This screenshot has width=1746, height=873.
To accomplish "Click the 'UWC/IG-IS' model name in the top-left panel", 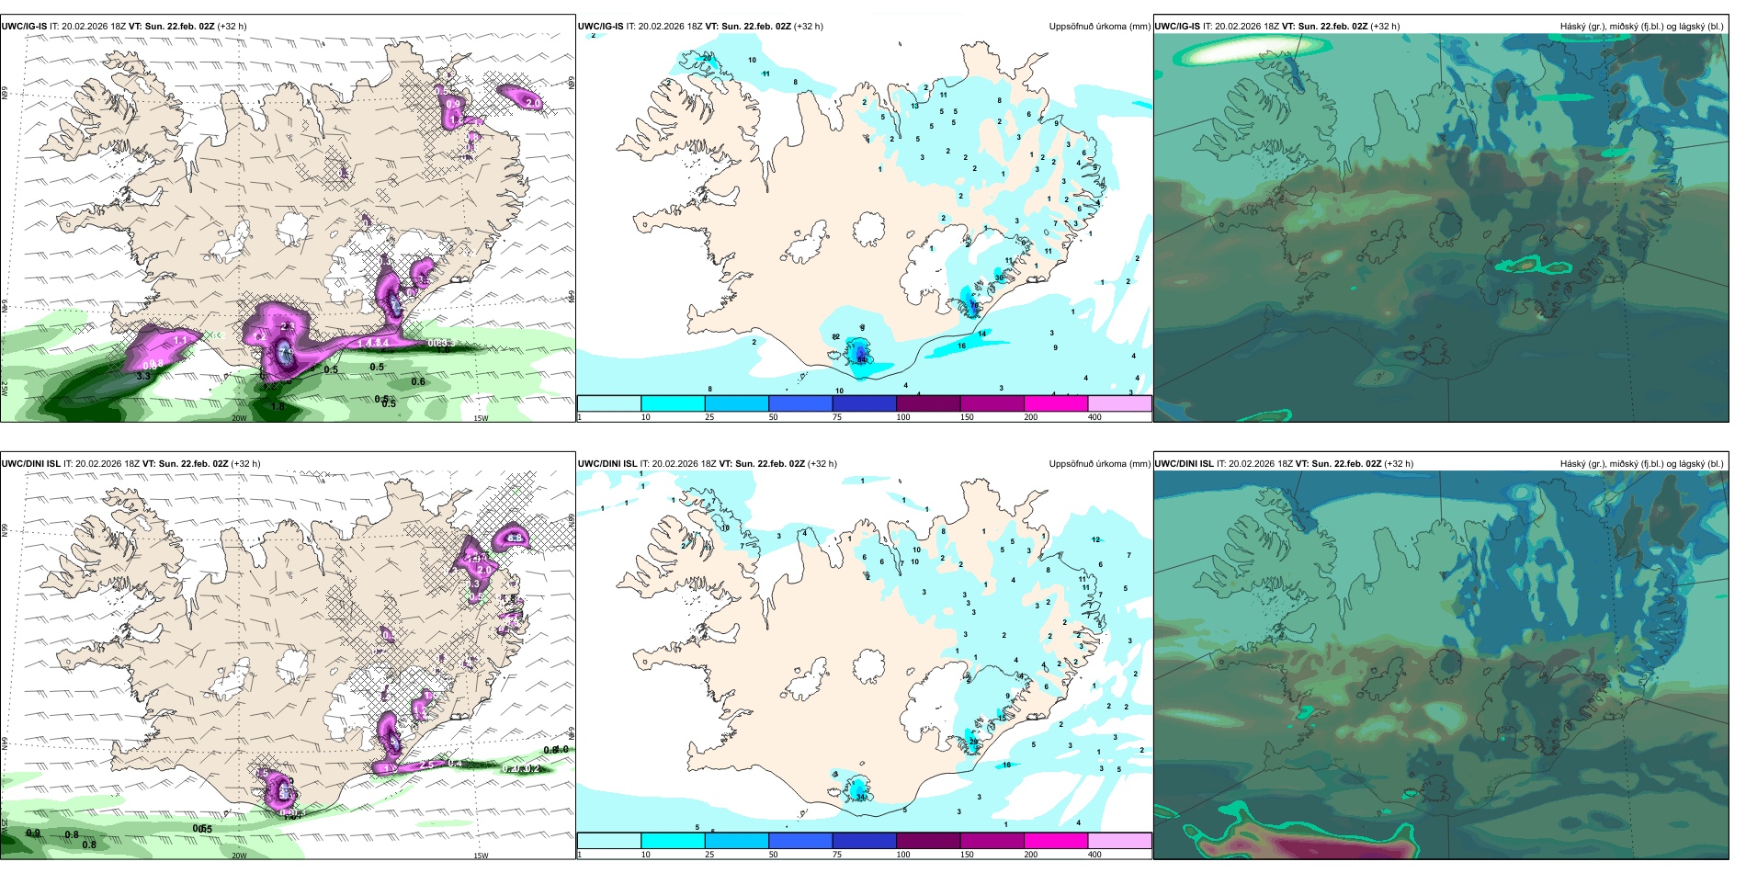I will click(24, 27).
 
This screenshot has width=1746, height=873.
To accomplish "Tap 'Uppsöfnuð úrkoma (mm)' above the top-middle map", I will click(1099, 27).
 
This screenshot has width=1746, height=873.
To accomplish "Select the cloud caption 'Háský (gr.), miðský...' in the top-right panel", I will click(1641, 27).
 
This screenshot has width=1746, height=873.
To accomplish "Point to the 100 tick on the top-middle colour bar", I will click(903, 417).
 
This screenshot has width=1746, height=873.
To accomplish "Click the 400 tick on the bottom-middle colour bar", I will click(1094, 855).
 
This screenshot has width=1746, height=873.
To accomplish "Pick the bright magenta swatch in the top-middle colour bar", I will click(1055, 403).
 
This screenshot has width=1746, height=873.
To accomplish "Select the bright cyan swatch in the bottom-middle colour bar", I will click(673, 841).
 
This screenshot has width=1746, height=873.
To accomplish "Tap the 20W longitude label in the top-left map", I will click(239, 418).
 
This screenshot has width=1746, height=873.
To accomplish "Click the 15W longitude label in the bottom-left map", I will click(481, 856).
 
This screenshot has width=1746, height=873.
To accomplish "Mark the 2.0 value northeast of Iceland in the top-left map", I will click(532, 103).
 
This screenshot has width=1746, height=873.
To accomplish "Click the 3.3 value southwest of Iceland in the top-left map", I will click(143, 376).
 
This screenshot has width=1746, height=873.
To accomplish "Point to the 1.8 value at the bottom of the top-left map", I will click(278, 405).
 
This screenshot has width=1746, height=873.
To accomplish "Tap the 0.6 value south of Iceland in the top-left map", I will click(418, 382).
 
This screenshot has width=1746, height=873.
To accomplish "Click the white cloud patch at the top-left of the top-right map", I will click(1222, 51).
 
